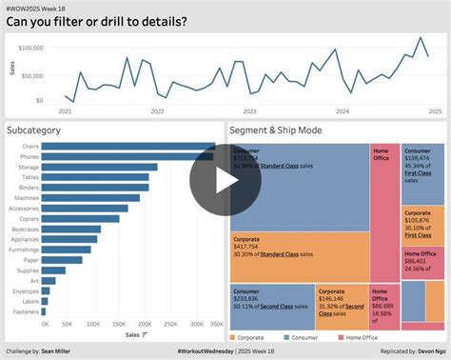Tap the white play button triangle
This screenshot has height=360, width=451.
(x=225, y=180)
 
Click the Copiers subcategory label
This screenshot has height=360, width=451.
(x=26, y=218)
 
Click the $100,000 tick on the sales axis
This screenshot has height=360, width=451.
(x=29, y=48)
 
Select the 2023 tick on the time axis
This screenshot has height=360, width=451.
(x=250, y=111)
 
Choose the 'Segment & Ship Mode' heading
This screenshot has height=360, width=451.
(x=276, y=129)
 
